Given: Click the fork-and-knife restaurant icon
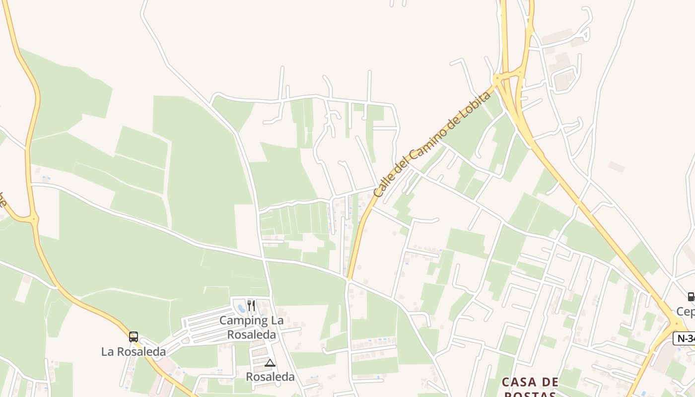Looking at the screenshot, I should click(x=251, y=305).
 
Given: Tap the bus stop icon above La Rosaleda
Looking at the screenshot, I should click(x=133, y=337).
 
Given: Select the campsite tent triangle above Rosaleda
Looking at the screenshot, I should click(x=270, y=363).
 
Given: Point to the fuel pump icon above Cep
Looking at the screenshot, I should click(x=691, y=297).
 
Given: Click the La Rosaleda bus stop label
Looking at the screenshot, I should click(x=133, y=352).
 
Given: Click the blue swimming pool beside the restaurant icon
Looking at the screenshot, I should click(x=242, y=308).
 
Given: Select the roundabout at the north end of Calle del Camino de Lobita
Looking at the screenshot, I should click(x=496, y=78).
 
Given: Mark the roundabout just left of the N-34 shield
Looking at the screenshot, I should click(x=675, y=324).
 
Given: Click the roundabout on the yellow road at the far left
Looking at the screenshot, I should click(x=34, y=218).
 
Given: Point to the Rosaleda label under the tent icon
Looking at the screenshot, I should click(x=270, y=377).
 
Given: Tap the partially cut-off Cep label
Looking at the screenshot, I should click(x=686, y=312).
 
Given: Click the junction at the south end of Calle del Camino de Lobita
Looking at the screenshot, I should click(x=348, y=280).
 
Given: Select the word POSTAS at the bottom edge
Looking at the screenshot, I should click(x=530, y=394).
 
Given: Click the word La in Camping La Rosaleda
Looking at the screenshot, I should click(x=277, y=321).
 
